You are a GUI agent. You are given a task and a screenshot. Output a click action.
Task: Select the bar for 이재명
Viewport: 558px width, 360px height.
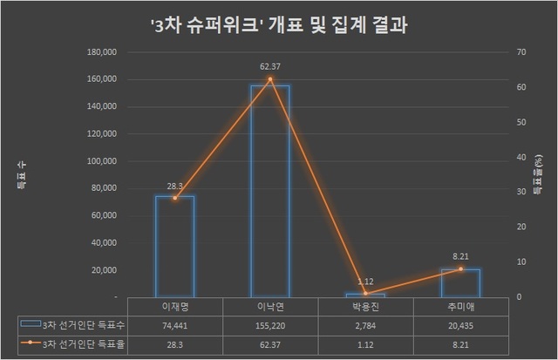click(x=174, y=246)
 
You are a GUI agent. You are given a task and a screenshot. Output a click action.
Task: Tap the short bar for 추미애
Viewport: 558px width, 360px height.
click(x=459, y=283)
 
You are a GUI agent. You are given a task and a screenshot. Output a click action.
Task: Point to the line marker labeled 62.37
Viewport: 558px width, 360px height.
click(x=269, y=79)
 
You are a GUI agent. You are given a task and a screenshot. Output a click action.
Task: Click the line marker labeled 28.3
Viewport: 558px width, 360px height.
click(x=174, y=198)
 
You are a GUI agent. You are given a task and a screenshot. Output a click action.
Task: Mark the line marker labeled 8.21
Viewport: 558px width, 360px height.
click(x=459, y=268)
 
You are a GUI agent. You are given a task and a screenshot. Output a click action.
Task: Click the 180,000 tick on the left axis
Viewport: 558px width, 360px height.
click(x=103, y=52)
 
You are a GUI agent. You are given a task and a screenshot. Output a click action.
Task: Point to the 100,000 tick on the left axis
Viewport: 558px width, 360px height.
click(x=103, y=161)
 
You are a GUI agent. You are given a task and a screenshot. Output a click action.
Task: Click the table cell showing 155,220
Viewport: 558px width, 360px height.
click(x=269, y=324)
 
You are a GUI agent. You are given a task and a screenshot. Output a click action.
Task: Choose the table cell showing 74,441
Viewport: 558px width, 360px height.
click(x=174, y=324)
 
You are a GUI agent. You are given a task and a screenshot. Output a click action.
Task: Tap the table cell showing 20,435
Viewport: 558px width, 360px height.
click(x=459, y=324)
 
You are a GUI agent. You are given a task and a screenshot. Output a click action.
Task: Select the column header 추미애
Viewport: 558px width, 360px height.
click(x=459, y=306)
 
